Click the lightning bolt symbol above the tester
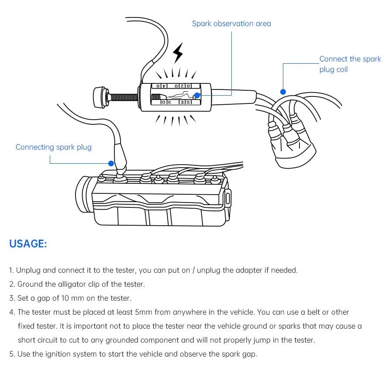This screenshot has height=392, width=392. pos(178,53)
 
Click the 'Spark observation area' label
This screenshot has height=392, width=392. pos(231,24)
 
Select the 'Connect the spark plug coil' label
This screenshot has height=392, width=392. pos(350,64)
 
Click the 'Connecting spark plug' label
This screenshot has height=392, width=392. pos(54,147)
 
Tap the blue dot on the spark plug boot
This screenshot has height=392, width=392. pos(111,164)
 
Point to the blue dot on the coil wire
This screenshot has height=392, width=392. pos(283,92)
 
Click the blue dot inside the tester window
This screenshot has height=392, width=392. pos(197,95)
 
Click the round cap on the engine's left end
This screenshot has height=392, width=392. pos(83,193)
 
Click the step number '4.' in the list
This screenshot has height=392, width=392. pos(12,313)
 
